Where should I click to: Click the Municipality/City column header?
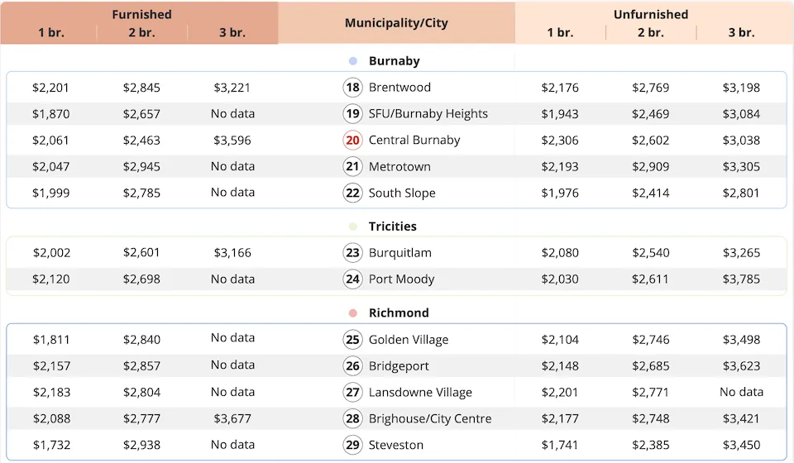[396, 22]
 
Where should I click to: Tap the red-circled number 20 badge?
[353, 141]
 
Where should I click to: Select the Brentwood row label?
[399, 88]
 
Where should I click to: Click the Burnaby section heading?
[394, 61]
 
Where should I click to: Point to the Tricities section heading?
[392, 227]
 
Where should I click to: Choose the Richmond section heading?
[399, 313]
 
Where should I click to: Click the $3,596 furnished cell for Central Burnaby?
[232, 141]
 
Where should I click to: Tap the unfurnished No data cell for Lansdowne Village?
[741, 392]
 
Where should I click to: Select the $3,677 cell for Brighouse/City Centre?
[232, 419]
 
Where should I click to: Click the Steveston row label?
[396, 446]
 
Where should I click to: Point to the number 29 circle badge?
[353, 446]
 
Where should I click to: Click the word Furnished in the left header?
[142, 14]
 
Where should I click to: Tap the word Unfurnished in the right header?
[651, 14]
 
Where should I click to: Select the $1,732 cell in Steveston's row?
[51, 446]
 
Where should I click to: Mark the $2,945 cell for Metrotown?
[141, 167]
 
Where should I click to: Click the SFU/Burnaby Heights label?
[428, 114]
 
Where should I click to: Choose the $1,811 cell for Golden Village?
[51, 340]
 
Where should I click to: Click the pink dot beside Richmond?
[353, 313]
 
